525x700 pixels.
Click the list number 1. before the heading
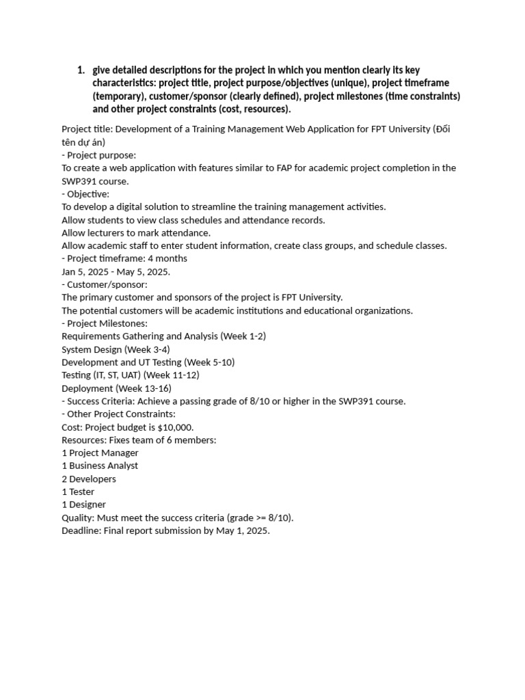(81, 70)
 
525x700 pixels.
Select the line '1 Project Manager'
(100, 453)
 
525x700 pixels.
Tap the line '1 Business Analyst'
(100, 466)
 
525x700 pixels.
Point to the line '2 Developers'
(89, 479)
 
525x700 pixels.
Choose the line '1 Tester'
(78, 492)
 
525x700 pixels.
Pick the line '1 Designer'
(83, 505)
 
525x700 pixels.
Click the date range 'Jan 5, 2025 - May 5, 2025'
(116, 271)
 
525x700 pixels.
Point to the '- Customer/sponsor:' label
(105, 284)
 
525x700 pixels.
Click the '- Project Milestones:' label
(105, 323)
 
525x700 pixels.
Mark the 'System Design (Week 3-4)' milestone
(116, 349)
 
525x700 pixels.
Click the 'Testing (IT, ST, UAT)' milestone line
(130, 375)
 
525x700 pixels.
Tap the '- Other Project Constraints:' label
(118, 414)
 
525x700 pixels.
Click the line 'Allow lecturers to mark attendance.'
(136, 233)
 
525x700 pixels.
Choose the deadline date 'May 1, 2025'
(243, 531)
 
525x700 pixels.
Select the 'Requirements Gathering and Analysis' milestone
(163, 336)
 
